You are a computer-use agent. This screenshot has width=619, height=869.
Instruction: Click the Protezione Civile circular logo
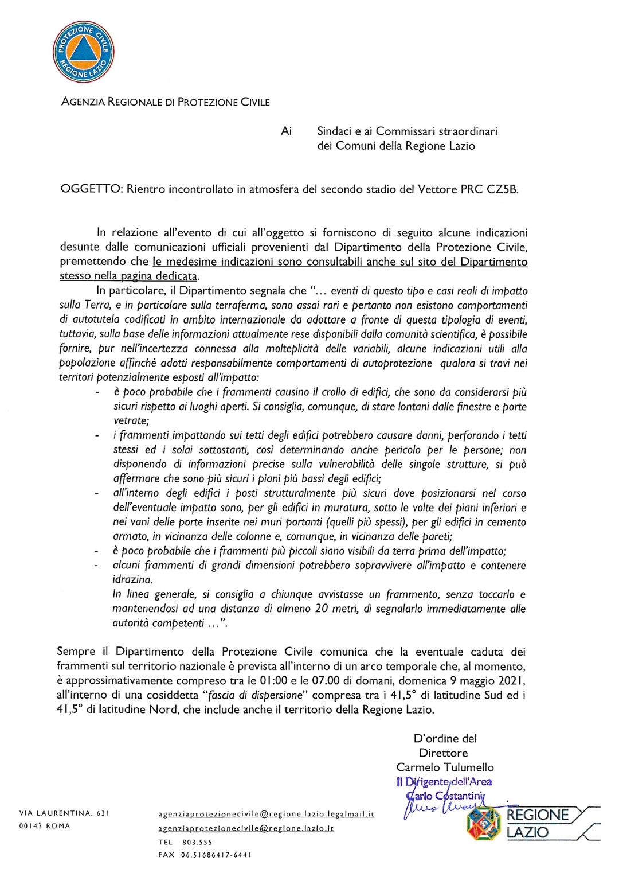pos(84,52)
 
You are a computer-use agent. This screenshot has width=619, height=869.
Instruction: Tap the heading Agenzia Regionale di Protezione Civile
pos(165,102)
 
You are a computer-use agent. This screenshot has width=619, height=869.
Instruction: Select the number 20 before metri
pos(322,609)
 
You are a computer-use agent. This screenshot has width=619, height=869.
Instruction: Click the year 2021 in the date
pos(511,681)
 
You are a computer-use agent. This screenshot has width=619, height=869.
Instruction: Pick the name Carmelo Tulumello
pos(445,767)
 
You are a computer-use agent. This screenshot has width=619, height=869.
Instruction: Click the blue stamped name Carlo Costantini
pos(445,796)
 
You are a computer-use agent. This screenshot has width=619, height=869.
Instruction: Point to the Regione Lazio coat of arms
pos(484,823)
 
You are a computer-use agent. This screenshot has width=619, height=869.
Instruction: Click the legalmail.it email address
pos(266,814)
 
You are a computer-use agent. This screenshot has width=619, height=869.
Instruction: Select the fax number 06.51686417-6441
pos(216,855)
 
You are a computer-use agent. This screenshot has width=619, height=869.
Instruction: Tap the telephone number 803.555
pos(197,842)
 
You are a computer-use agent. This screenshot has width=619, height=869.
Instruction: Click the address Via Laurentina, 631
pos(64,813)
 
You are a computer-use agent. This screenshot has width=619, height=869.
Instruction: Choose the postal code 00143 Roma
pos(45,826)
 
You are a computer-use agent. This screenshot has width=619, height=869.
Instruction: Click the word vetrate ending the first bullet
pos(131,421)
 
